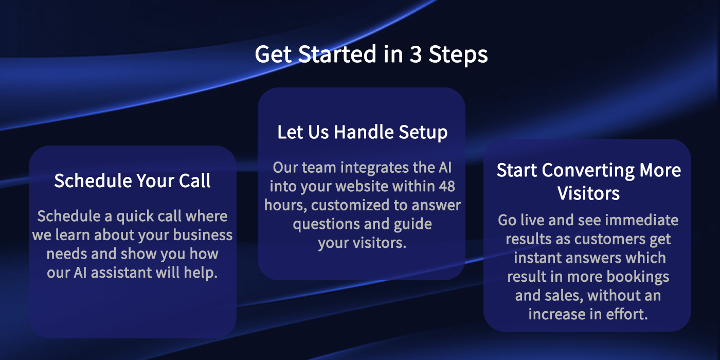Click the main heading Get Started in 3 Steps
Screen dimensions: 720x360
371,55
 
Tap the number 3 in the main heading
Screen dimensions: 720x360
416,54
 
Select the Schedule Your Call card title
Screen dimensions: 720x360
133,181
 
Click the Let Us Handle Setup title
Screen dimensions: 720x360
362,133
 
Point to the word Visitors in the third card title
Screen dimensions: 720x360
588,193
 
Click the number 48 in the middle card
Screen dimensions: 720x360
446,186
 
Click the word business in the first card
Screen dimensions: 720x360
203,235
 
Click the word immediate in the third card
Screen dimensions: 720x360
642,220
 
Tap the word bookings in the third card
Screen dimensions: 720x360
638,277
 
